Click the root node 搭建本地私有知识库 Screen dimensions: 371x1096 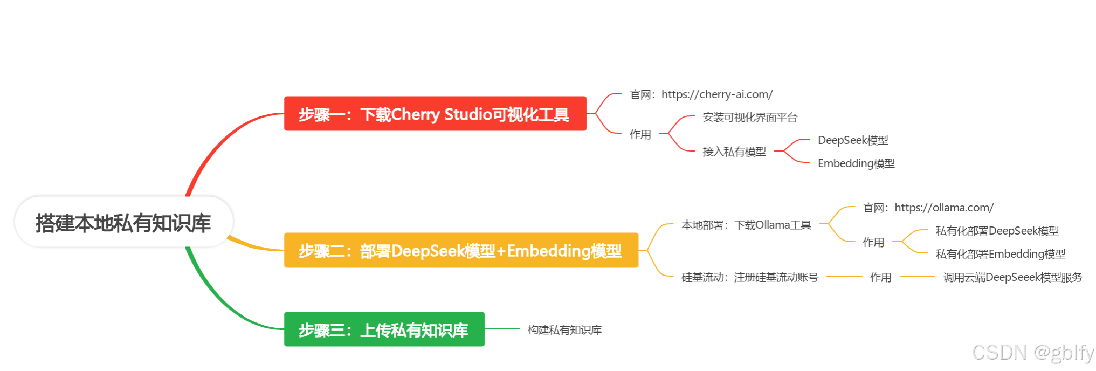[123, 223]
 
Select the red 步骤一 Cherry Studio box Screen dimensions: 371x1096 [435, 114]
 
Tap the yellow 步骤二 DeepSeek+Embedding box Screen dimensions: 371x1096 [461, 251]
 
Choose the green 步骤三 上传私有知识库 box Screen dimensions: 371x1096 [384, 329]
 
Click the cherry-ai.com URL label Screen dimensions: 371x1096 [701, 94]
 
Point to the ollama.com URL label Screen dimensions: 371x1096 [928, 208]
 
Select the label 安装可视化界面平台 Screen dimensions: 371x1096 [750, 118]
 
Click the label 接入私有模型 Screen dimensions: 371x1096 [734, 152]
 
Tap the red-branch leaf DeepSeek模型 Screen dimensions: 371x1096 [853, 140]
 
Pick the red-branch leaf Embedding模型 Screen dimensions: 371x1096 [856, 163]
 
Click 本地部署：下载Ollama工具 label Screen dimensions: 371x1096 [746, 225]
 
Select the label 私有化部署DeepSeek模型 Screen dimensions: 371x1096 [997, 231]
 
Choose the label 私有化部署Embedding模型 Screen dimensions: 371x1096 [1001, 254]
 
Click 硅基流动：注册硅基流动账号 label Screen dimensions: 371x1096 [750, 277]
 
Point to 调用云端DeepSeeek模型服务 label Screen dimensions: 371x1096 [1012, 277]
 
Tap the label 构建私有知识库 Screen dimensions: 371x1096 [564, 330]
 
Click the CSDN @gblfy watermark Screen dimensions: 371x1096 [1033, 352]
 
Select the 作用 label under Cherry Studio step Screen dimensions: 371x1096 [640, 134]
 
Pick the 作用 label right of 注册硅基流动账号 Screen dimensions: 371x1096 [880, 277]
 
